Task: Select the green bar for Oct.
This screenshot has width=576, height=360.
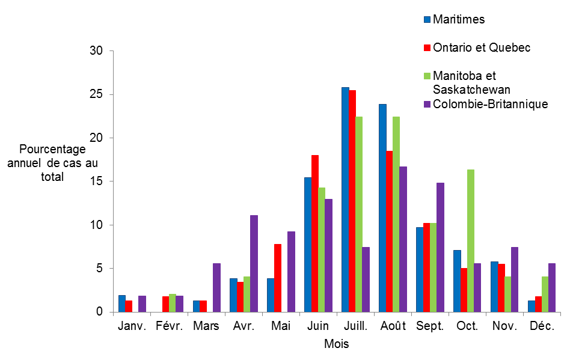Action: [x=471, y=240]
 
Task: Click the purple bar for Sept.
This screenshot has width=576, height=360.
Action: [x=440, y=247]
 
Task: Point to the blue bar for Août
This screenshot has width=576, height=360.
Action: [x=382, y=208]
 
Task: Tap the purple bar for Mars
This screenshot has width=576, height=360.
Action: [x=216, y=287]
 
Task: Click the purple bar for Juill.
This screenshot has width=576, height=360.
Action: [x=366, y=279]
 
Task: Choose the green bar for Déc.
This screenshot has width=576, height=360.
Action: [x=545, y=294]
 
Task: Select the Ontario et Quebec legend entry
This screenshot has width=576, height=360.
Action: [x=481, y=47]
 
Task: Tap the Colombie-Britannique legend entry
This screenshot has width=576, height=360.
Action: [x=490, y=104]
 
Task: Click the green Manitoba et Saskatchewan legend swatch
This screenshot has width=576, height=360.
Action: [x=427, y=76]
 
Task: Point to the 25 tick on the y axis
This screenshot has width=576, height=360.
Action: [x=97, y=94]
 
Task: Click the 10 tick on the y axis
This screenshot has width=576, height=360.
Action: [x=97, y=225]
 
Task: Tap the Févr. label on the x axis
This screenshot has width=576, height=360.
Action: [x=169, y=326]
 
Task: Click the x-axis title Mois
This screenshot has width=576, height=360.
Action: [x=336, y=344]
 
